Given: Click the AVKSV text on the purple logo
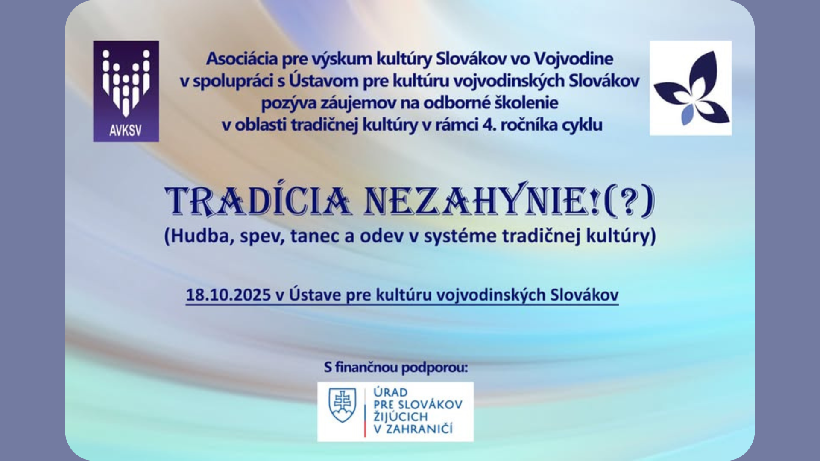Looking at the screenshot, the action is [x=126, y=130].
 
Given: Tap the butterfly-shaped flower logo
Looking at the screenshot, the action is [x=692, y=88].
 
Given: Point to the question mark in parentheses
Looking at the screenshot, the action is [x=628, y=201].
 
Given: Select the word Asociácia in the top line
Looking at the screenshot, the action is [x=242, y=59].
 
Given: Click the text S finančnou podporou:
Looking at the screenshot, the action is [x=396, y=367].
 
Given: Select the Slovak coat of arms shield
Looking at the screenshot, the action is [x=342, y=405].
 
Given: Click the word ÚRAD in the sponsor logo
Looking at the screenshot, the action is [x=390, y=392].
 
